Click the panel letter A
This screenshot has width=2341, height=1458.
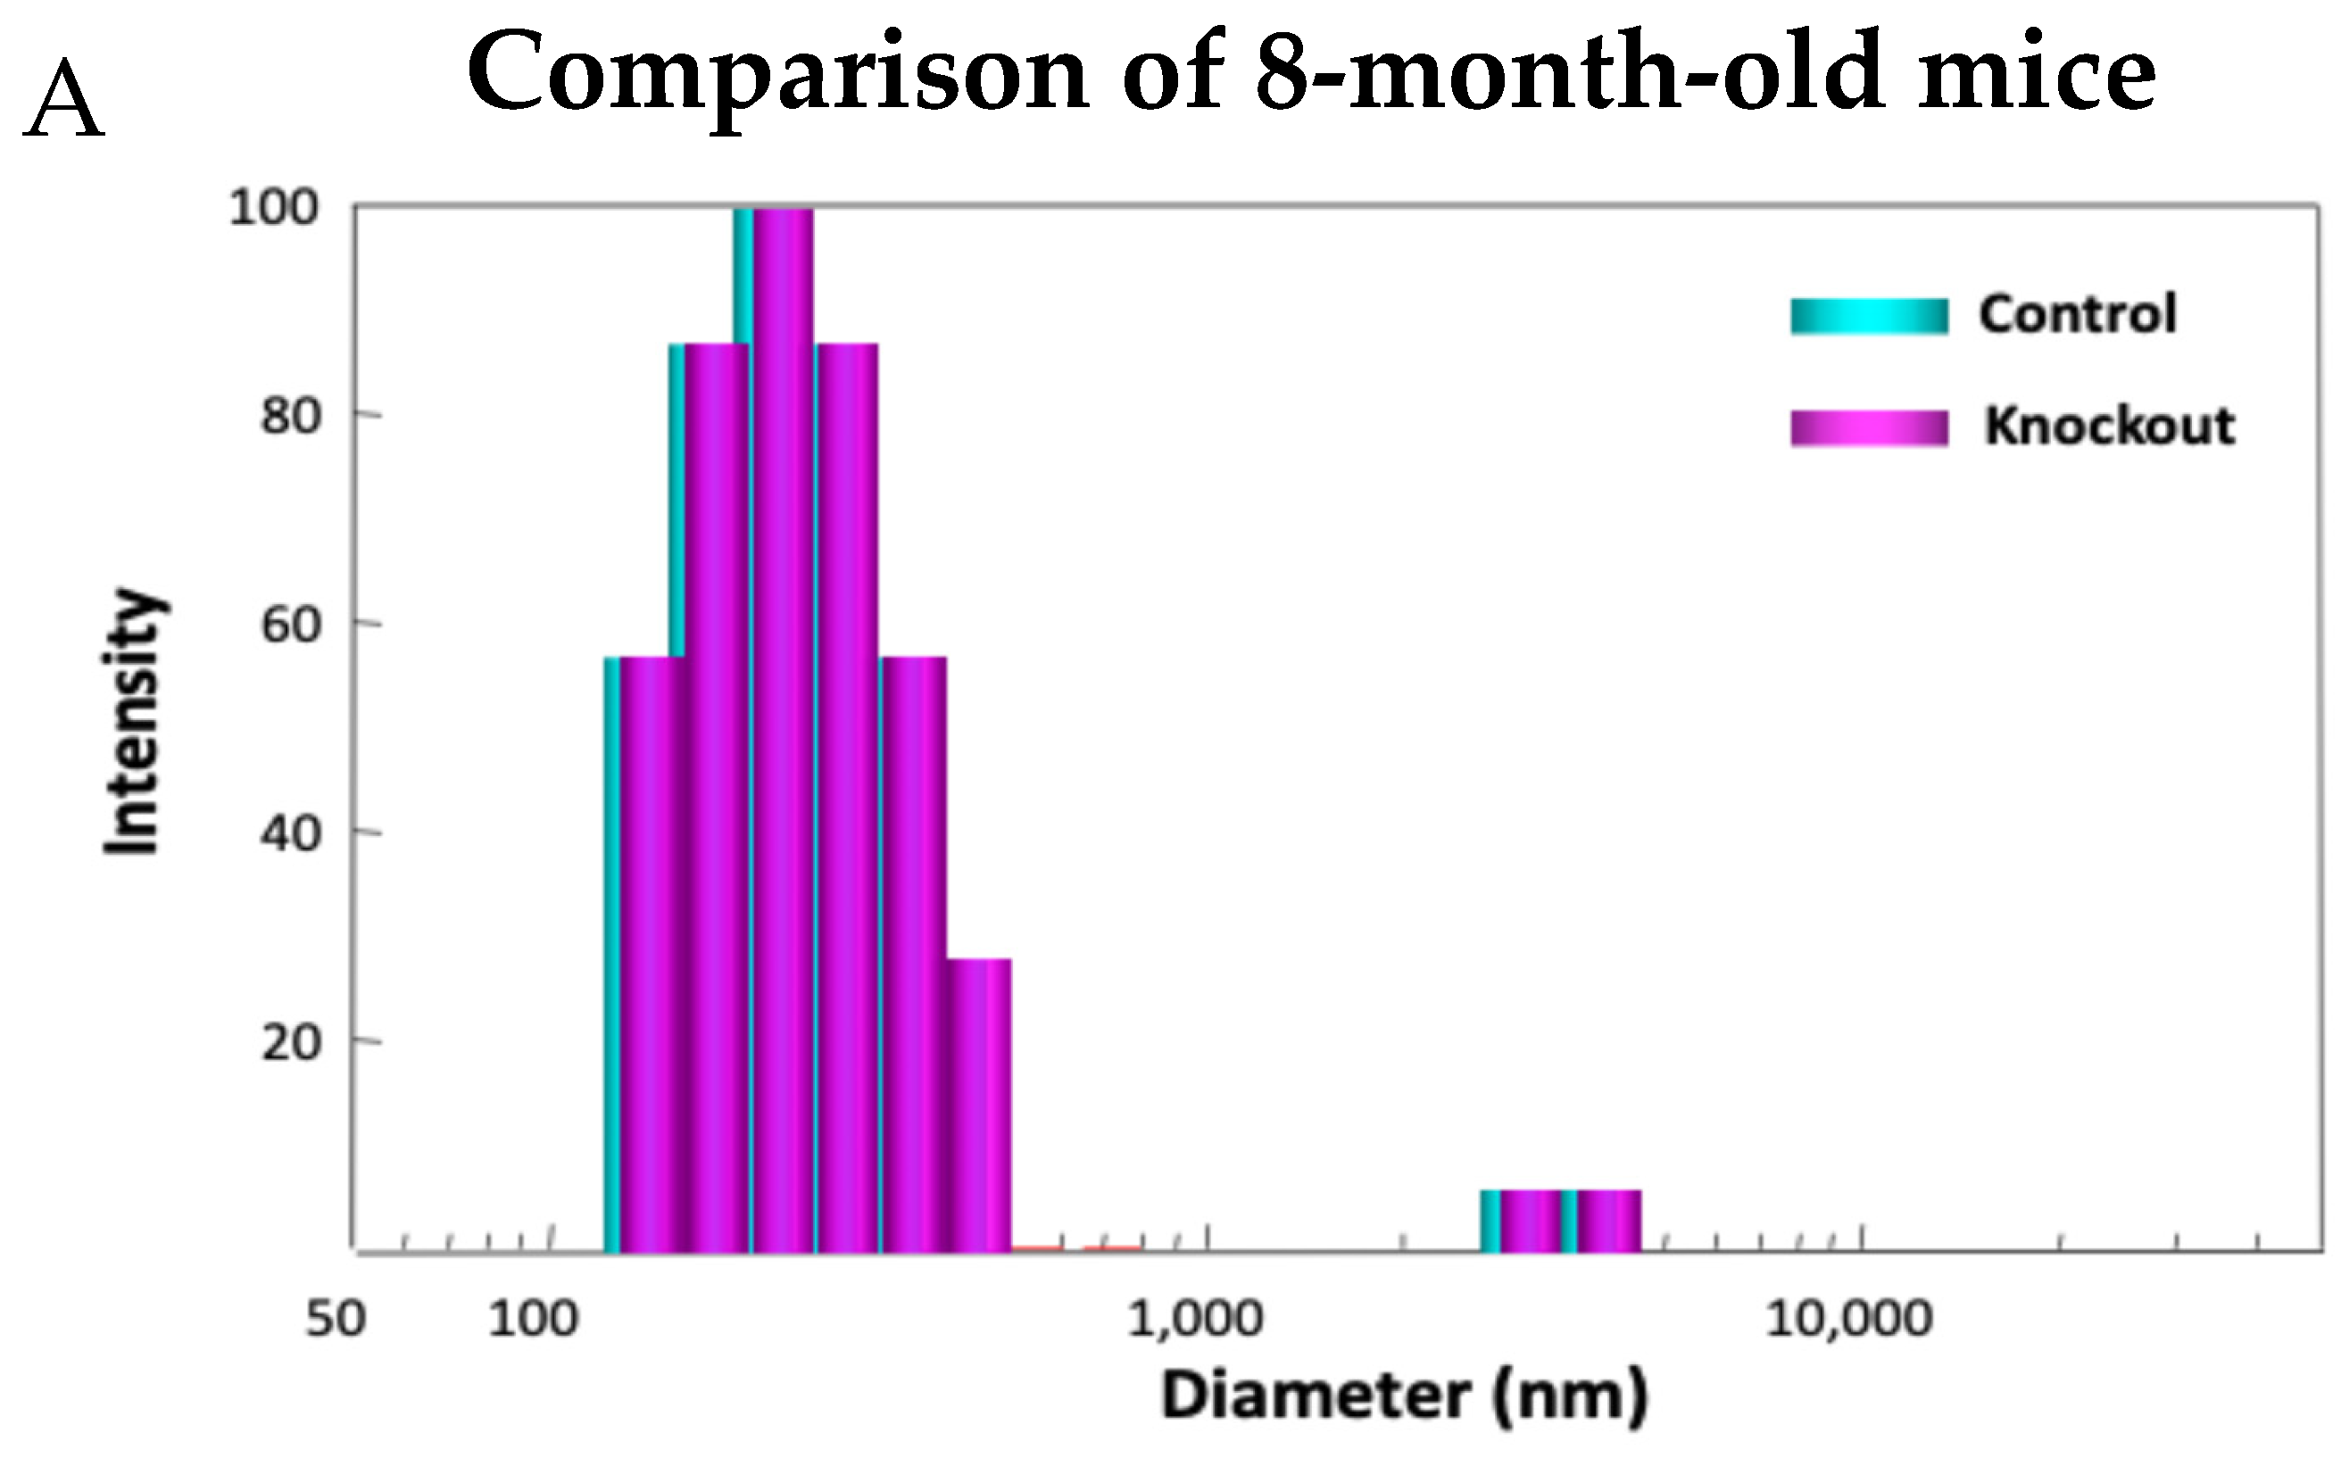[x=63, y=100]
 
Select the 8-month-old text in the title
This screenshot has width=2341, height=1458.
[x=1568, y=73]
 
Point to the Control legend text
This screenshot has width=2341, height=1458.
[x=2078, y=314]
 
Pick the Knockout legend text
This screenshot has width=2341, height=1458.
[x=2109, y=427]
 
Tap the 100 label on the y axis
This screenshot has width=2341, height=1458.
[x=273, y=208]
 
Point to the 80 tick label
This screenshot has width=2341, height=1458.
[x=289, y=418]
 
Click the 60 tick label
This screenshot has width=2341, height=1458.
[x=289, y=625]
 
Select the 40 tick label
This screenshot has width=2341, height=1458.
[x=289, y=834]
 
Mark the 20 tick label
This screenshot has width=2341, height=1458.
[x=289, y=1043]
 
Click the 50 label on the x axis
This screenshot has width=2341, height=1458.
[x=335, y=1319]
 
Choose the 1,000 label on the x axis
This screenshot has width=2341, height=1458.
[x=1194, y=1319]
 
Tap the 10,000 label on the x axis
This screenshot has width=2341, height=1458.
[x=1848, y=1319]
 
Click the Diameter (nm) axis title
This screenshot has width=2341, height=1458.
[x=1405, y=1396]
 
